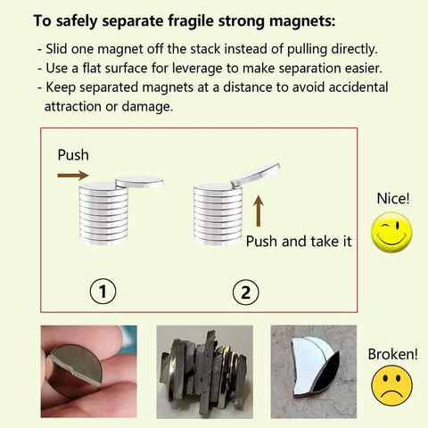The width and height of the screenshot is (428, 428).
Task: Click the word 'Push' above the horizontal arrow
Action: tap(73, 154)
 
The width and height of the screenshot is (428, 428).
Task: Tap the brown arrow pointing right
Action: tap(73, 176)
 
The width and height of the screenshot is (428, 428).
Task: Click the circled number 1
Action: tap(104, 291)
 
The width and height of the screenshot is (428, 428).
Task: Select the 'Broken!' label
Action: tap(392, 354)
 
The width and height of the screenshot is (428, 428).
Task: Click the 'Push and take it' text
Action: tap(299, 242)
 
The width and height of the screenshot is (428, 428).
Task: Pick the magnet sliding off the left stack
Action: tap(139, 181)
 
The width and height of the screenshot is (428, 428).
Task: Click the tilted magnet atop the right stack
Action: tap(255, 175)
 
